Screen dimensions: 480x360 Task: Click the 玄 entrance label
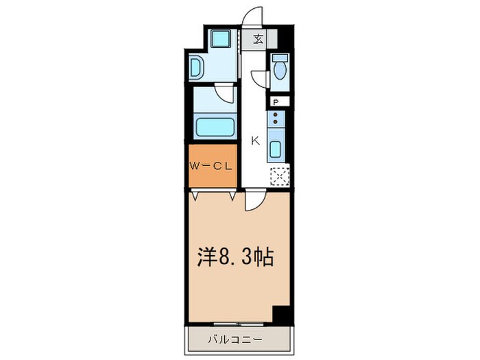coord(259,39)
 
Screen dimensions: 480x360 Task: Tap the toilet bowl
coord(280,71)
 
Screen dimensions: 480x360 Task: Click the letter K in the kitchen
coord(255,141)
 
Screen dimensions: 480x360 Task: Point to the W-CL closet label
coord(211,167)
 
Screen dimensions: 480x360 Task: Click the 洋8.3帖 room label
coord(235,256)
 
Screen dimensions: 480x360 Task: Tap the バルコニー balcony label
coord(235,339)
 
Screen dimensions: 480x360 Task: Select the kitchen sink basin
coord(275,149)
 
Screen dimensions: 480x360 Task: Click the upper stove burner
coord(275,115)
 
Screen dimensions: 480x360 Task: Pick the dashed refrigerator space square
coord(280,176)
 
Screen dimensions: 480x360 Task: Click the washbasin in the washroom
coord(195,67)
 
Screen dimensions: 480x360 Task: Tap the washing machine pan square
coord(220,38)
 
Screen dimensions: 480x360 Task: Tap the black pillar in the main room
coord(281,314)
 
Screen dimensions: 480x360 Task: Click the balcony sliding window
coord(239,324)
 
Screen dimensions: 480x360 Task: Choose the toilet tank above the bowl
coord(280,58)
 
